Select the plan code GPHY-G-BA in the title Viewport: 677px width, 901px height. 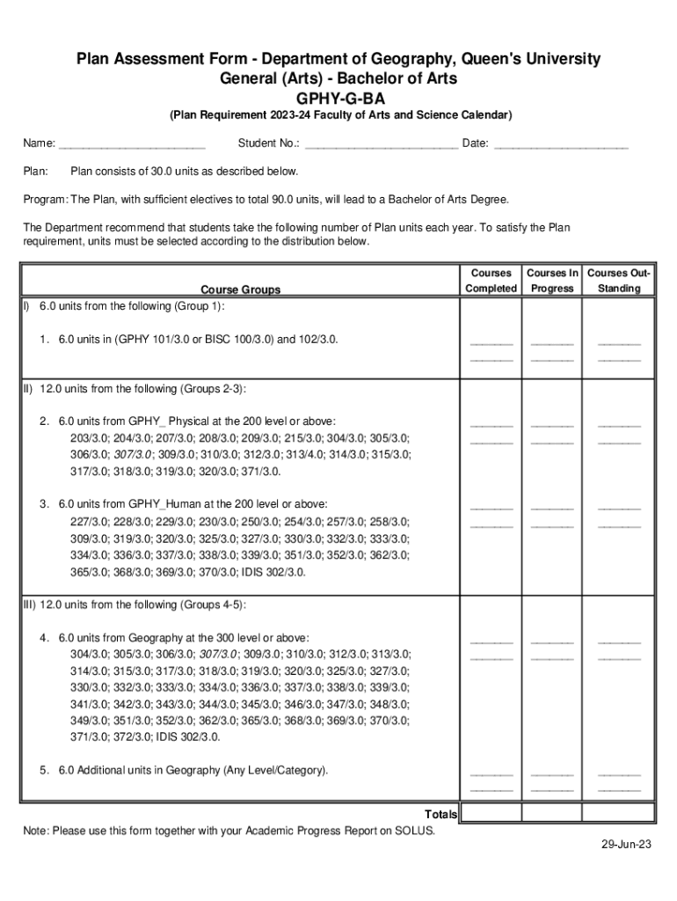(x=338, y=98)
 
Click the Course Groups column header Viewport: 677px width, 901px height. (x=240, y=289)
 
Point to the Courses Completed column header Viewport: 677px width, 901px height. (x=491, y=281)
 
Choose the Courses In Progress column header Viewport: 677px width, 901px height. (x=552, y=281)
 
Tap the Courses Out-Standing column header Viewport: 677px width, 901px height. (x=619, y=281)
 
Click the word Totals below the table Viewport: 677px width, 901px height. (x=440, y=814)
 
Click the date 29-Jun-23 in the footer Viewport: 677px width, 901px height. (x=626, y=868)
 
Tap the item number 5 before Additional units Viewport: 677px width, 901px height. (x=43, y=771)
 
